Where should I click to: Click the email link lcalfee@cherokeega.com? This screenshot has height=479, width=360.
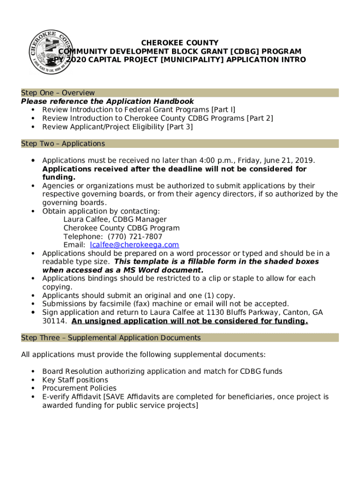point(134,245)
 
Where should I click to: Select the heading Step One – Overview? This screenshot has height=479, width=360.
point(58,93)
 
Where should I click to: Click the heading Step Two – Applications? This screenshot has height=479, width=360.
point(63,144)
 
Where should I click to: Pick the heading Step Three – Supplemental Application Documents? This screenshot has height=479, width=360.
point(111,338)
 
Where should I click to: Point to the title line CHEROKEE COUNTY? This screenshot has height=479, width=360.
point(180,43)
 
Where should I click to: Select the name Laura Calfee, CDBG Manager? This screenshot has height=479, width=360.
point(115,219)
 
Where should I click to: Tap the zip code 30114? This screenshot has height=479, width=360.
point(53,321)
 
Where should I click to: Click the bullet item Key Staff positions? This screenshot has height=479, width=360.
point(75,380)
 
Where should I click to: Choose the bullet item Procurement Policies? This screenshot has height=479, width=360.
point(79,388)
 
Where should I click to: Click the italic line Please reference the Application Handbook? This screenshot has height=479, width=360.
point(108,102)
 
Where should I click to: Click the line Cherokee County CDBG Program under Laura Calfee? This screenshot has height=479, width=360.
point(122,228)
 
